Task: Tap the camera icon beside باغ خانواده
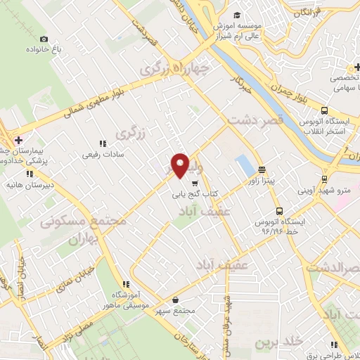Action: click(x=44, y=39)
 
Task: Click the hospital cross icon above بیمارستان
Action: click(x=18, y=139)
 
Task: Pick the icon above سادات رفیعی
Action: click(x=103, y=143)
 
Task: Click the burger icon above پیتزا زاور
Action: click(x=262, y=169)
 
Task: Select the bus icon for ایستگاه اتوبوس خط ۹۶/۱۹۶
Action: click(x=280, y=210)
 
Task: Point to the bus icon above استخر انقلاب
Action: click(x=324, y=110)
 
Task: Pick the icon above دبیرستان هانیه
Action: click(x=30, y=174)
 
